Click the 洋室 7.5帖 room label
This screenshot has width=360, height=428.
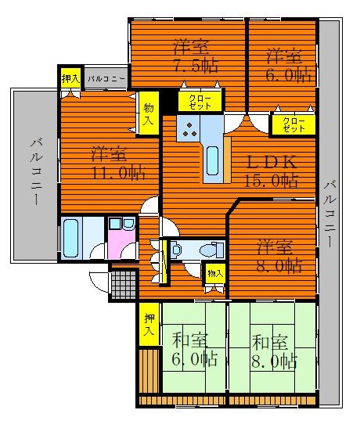tap(196, 56)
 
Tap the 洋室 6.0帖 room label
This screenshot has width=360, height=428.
tap(289, 66)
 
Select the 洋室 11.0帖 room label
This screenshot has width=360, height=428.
tap(117, 164)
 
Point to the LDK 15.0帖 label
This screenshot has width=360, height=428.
tap(271, 171)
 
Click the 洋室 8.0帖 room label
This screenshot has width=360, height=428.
tap(279, 257)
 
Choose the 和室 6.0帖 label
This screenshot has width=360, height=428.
tap(194, 350)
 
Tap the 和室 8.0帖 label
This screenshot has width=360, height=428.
tap(274, 352)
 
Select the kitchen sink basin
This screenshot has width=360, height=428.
tap(213, 160)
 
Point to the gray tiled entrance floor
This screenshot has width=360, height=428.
tap(124, 285)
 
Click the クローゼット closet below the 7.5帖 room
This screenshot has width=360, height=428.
tap(200, 102)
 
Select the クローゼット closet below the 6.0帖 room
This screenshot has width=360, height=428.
tap(293, 124)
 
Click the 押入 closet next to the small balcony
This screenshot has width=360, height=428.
tap(70, 78)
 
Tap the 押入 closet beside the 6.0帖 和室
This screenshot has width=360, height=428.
tap(149, 325)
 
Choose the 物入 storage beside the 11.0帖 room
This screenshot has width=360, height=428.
tap(149, 113)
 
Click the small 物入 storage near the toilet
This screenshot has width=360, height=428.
tap(215, 273)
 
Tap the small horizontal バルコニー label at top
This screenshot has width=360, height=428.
tap(106, 79)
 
